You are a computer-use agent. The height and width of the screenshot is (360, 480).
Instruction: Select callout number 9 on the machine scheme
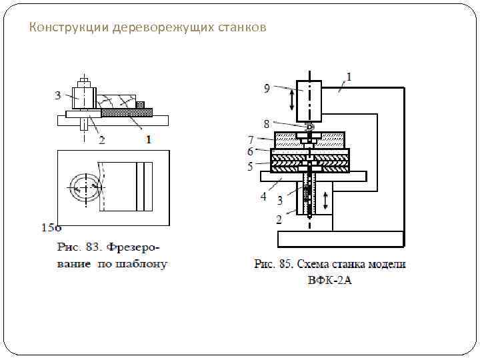click(267, 87)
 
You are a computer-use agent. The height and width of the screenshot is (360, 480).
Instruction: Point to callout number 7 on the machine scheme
click(251, 140)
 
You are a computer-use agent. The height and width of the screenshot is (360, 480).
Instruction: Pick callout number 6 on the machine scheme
click(251, 152)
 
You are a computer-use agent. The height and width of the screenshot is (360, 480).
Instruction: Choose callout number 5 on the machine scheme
click(251, 166)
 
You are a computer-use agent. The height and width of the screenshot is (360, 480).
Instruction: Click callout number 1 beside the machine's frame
click(349, 77)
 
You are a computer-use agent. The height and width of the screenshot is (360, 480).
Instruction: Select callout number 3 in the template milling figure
click(58, 95)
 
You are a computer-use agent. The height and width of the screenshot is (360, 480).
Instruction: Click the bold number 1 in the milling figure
click(148, 140)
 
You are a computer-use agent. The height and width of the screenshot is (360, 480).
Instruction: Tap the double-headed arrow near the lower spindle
click(325, 199)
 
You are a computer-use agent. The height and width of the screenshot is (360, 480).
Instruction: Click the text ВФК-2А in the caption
click(329, 280)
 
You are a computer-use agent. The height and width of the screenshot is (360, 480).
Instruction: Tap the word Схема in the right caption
click(316, 264)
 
